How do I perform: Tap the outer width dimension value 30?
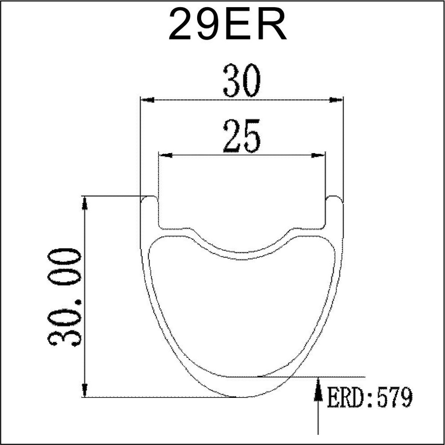(x=242, y=81)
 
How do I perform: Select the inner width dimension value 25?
(x=242, y=136)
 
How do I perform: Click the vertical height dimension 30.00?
(x=65, y=298)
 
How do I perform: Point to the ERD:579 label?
(x=370, y=397)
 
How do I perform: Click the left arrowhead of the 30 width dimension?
(x=148, y=100)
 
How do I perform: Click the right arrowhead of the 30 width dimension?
(x=336, y=100)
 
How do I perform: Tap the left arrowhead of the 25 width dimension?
(x=166, y=155)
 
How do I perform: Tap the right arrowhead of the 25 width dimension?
(x=318, y=155)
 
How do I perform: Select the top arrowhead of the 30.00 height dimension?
(x=84, y=203)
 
